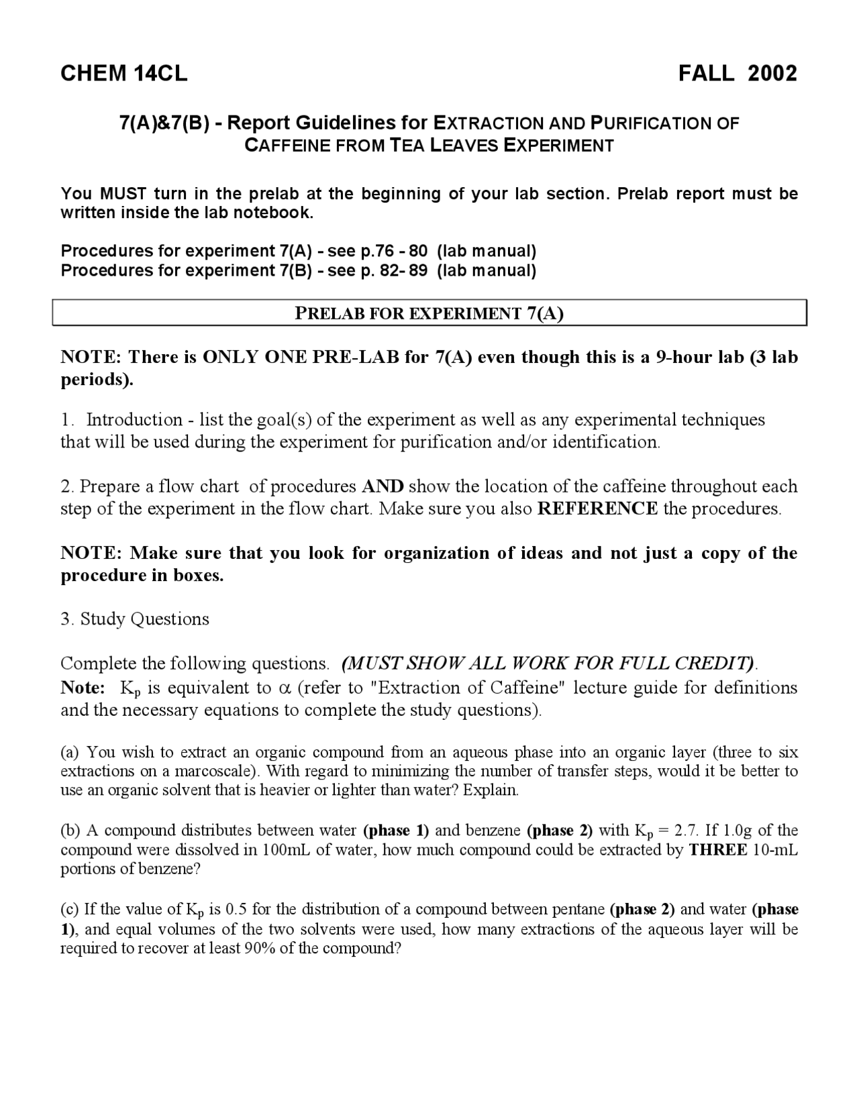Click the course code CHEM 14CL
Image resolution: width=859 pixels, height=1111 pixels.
click(x=124, y=73)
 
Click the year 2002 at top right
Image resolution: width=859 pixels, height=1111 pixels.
click(x=772, y=73)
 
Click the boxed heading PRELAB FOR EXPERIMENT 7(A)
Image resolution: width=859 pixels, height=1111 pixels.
click(x=429, y=313)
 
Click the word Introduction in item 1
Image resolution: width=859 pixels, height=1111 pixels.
click(x=134, y=420)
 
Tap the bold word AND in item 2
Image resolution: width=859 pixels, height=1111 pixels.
click(x=383, y=486)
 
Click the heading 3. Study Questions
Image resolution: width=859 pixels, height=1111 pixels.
click(x=135, y=619)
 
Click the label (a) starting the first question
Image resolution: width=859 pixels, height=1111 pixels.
click(x=70, y=752)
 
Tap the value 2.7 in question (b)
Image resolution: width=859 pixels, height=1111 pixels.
click(x=685, y=831)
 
